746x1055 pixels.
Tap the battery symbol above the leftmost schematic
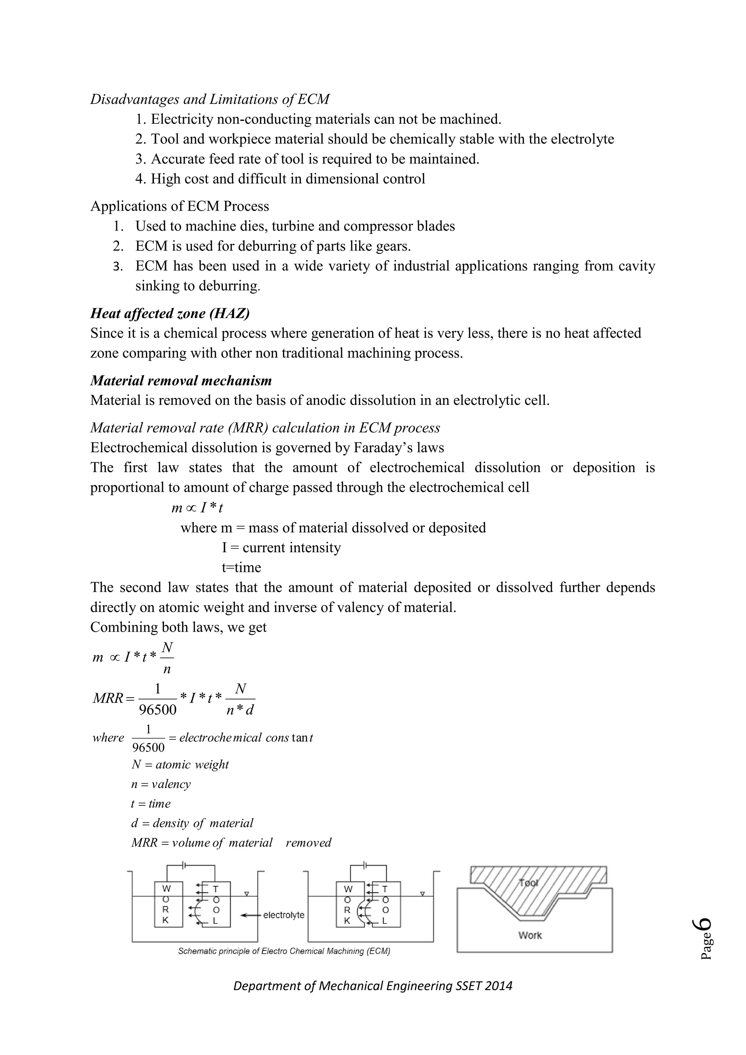tap(184, 865)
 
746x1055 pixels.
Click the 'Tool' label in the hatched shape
tap(528, 883)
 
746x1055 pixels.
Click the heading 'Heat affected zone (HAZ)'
tap(170, 313)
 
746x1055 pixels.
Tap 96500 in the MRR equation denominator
tap(158, 710)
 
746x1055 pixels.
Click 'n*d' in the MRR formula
tap(240, 710)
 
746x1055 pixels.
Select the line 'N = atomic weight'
tap(180, 765)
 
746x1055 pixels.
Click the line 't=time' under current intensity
tap(241, 568)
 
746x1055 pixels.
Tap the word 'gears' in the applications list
tap(392, 246)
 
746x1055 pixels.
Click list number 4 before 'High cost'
tap(140, 179)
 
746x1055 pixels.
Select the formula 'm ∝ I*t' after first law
tap(197, 508)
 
